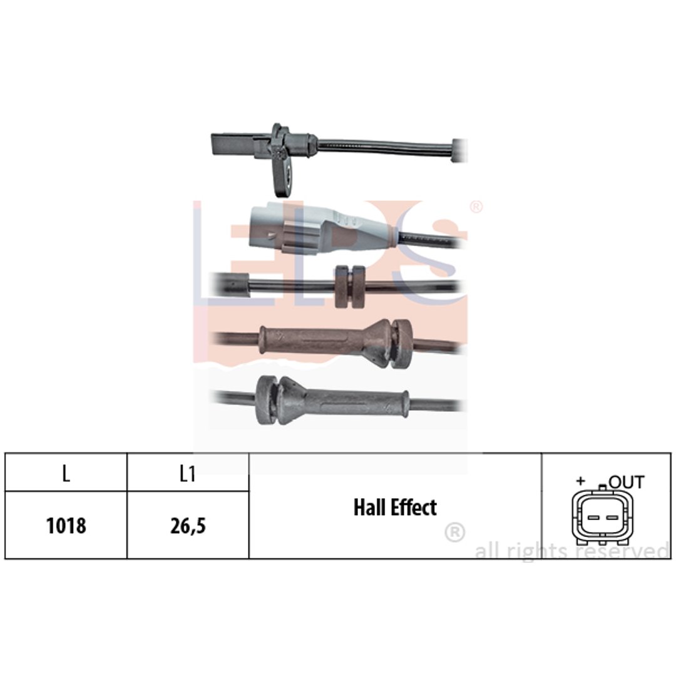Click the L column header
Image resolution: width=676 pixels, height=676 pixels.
[x=66, y=474]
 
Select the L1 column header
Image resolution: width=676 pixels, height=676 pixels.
[x=188, y=474]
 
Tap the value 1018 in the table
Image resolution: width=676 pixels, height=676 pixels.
[x=66, y=526]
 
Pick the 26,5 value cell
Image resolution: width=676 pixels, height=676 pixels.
[x=188, y=526]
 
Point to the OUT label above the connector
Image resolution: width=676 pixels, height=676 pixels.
[x=627, y=482]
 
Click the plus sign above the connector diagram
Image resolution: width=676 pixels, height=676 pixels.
[x=581, y=481]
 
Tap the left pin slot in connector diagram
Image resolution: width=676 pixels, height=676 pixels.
[x=593, y=518]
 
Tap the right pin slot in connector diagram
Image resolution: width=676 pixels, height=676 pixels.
[x=612, y=518]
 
